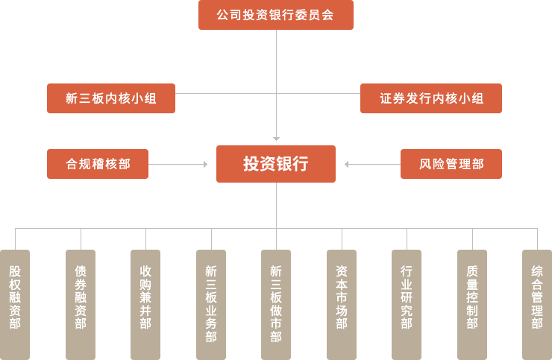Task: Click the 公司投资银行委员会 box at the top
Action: (275, 15)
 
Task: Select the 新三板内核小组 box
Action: (110, 98)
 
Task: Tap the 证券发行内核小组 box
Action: (430, 98)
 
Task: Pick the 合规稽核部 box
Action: (97, 164)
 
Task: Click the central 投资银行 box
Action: (275, 164)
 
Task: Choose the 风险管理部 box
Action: (451, 164)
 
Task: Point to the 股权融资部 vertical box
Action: (15, 304)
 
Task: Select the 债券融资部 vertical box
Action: (80, 304)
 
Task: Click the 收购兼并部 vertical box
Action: (145, 304)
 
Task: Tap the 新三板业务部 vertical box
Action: (210, 304)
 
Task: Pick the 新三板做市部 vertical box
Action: (275, 304)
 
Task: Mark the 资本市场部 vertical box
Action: (341, 304)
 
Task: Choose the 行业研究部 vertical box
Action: (406, 304)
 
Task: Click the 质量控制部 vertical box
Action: (471, 304)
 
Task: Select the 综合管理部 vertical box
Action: (536, 304)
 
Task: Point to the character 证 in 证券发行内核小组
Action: (386, 98)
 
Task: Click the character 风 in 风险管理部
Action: (425, 164)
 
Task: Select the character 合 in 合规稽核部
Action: (72, 164)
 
